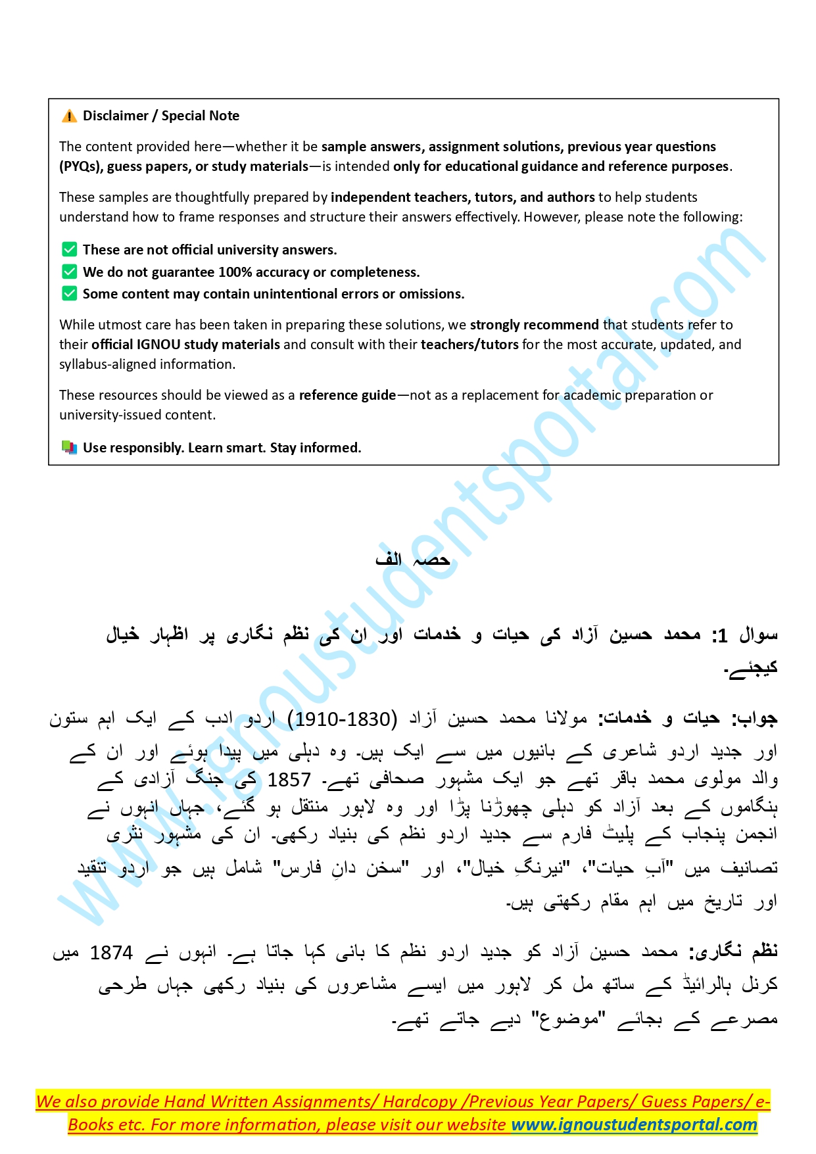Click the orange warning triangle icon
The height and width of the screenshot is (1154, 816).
[69, 116]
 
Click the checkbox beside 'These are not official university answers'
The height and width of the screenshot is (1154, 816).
[69, 249]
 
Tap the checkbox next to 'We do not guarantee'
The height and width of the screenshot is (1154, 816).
[69, 272]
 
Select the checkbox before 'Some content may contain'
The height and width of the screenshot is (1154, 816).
[69, 293]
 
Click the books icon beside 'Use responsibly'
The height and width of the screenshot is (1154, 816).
[69, 448]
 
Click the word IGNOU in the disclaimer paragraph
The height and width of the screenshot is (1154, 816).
[156, 345]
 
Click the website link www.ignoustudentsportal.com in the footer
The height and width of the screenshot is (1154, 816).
[634, 1124]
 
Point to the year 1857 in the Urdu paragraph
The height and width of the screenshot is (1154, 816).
[289, 780]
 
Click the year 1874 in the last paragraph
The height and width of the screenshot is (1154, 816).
[111, 953]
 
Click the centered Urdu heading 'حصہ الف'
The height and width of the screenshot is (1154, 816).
[412, 560]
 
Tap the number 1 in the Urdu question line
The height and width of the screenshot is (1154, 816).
[722, 635]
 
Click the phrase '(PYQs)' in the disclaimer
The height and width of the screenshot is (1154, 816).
[80, 166]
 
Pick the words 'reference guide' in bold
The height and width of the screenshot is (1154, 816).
[347, 395]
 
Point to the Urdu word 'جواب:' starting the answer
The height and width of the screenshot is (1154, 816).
[756, 719]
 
